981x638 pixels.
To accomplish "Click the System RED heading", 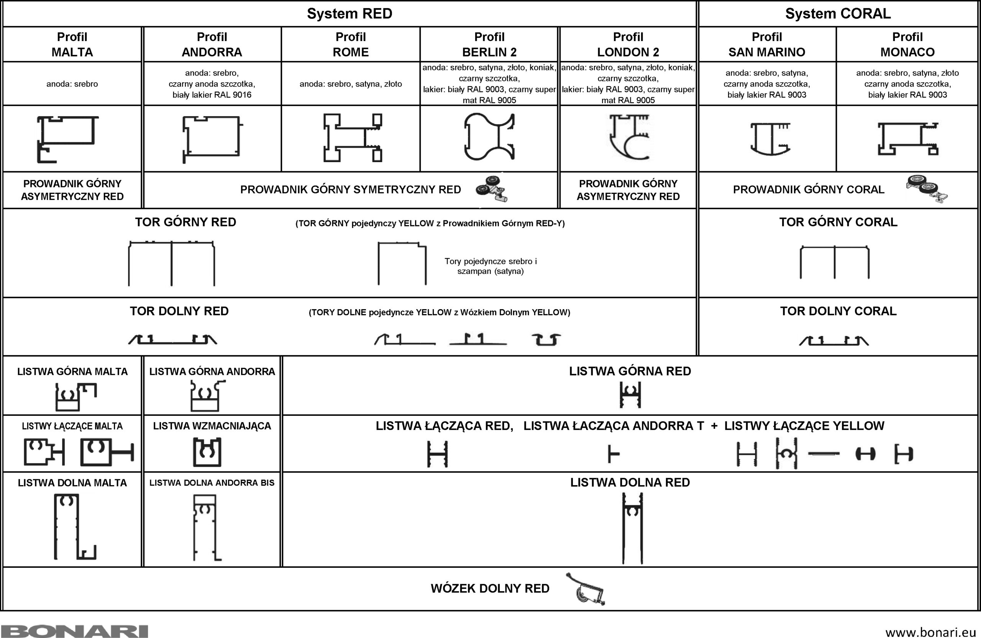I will click(349, 13).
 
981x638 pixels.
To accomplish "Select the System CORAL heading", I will click(838, 13).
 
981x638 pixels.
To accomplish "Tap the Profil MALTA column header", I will click(72, 44).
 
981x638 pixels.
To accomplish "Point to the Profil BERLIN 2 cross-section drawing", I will click(489, 137).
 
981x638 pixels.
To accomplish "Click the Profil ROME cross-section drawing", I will click(352, 138).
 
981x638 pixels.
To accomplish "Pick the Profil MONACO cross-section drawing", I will click(908, 138).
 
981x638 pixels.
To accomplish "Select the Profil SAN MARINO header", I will click(767, 44).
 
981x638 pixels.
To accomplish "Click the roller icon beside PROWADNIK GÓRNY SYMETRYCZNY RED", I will click(492, 189).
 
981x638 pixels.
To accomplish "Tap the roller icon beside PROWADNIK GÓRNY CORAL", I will click(927, 189).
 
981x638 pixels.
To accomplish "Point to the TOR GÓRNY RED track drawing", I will click(171, 263).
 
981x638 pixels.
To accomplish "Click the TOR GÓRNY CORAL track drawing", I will click(835, 262).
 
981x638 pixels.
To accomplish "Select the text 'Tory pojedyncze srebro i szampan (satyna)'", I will click(490, 266).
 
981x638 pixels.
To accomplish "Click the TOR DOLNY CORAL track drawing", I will click(833, 340).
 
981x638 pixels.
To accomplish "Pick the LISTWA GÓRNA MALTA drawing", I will click(75, 397).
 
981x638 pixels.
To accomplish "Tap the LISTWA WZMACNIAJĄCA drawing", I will click(207, 452).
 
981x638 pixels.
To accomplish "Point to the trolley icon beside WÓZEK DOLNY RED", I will click(586, 589).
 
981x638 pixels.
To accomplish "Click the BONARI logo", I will click(74, 631).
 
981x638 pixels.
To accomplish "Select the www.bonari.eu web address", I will click(931, 632).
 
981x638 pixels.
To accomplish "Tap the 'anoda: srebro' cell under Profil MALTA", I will click(72, 84).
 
